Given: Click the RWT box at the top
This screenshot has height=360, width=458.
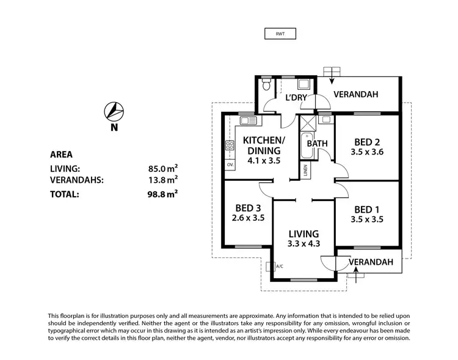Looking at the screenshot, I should (x=281, y=34).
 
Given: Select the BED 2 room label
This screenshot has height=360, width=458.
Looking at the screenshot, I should (x=368, y=141).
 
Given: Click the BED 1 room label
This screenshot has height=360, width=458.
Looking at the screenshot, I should (x=367, y=208).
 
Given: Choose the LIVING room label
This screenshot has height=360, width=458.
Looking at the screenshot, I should (x=304, y=233).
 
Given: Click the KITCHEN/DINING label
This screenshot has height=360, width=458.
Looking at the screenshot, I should (x=264, y=145).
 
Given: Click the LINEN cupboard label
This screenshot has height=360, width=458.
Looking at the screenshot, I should (x=305, y=172).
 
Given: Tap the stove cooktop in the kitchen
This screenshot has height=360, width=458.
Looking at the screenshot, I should (x=230, y=145).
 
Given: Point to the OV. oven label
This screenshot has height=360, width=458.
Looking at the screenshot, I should (x=230, y=165).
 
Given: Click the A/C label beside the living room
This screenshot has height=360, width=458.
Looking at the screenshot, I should (x=279, y=266).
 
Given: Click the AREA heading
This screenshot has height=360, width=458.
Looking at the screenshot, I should (x=63, y=155).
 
